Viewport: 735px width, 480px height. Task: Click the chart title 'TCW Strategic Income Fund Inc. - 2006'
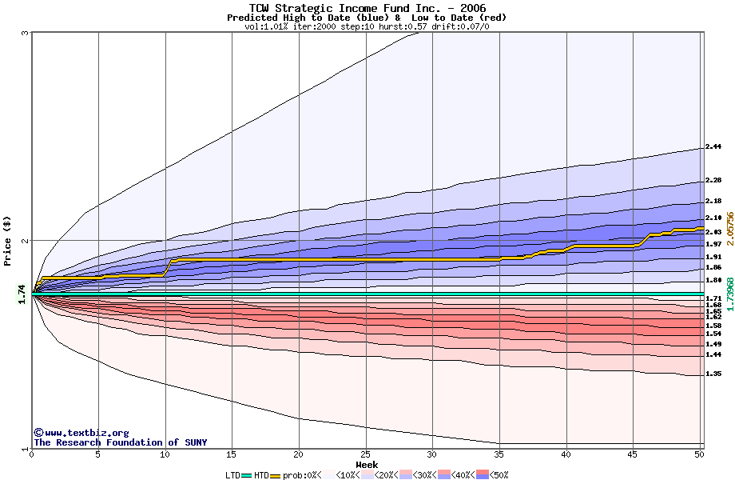(367, 8)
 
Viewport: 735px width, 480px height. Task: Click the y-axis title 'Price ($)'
(8, 241)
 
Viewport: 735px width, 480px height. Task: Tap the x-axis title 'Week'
(367, 465)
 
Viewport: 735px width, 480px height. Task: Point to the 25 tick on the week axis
(365, 454)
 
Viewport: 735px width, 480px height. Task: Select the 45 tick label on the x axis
(633, 454)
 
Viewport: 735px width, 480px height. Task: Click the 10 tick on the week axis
(165, 454)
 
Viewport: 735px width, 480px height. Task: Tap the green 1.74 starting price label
(22, 294)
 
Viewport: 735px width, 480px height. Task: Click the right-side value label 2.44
(713, 147)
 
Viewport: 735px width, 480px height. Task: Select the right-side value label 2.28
(713, 181)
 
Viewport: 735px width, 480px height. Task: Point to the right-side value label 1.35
(713, 374)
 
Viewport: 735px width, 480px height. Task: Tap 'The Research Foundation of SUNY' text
(120, 442)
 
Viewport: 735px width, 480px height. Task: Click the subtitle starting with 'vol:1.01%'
(367, 26)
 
